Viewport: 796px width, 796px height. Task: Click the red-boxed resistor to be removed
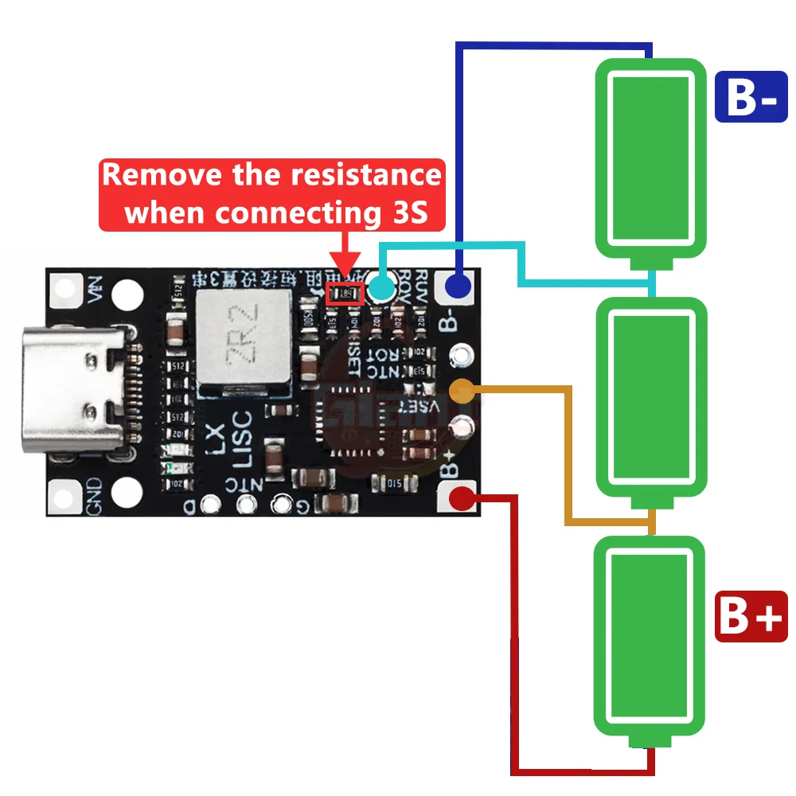click(345, 294)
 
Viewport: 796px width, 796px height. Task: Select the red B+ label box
click(751, 616)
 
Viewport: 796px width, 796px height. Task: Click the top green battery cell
click(651, 159)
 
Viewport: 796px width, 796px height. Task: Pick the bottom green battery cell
click(651, 637)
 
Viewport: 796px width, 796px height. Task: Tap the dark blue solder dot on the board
click(458, 284)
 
